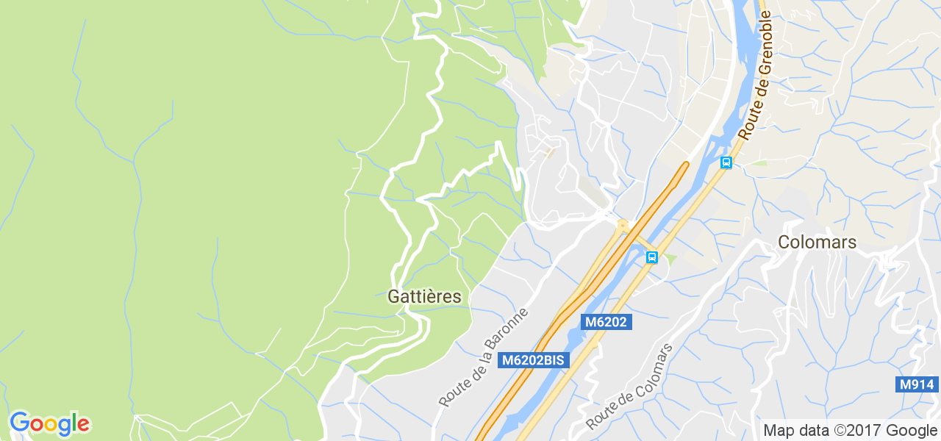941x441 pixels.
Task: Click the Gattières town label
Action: click(424, 297)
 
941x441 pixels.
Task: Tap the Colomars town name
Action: click(817, 242)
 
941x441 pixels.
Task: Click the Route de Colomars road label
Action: click(629, 387)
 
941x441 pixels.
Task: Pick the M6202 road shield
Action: click(607, 322)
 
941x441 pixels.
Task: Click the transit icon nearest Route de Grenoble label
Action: click(726, 162)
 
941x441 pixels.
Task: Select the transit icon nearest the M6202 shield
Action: click(651, 257)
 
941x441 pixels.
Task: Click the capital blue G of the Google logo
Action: click(19, 423)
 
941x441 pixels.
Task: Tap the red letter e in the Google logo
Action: click(83, 424)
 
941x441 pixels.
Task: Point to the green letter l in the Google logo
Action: click(74, 423)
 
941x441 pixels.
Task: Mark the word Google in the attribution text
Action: click(912, 431)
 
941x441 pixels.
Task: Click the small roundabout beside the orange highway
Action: click(623, 224)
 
